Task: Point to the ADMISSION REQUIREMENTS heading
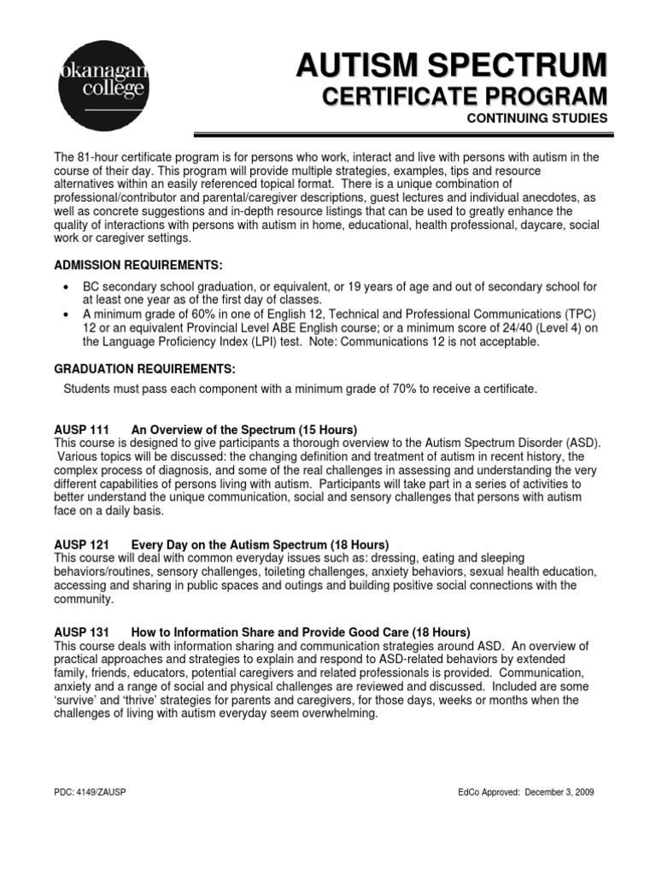pyautogui.click(x=143, y=266)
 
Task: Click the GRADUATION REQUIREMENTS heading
pyautogui.click(x=144, y=368)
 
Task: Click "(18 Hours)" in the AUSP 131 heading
pyautogui.click(x=439, y=631)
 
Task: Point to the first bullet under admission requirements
pyautogui.click(x=66, y=287)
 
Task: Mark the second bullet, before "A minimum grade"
pyautogui.click(x=66, y=314)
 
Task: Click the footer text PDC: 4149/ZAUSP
pyautogui.click(x=91, y=792)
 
